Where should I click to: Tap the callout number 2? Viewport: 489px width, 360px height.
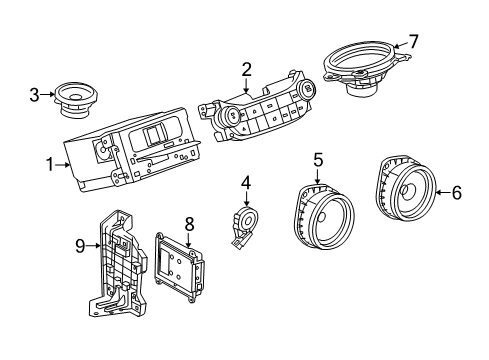point(245,69)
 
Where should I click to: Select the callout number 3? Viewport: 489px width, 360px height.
point(34,96)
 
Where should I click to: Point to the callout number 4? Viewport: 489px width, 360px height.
point(245,182)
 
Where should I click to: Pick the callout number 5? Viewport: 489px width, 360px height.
point(318,159)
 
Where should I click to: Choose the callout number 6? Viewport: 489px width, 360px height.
point(456,193)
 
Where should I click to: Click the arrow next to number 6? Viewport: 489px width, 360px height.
point(441,193)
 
